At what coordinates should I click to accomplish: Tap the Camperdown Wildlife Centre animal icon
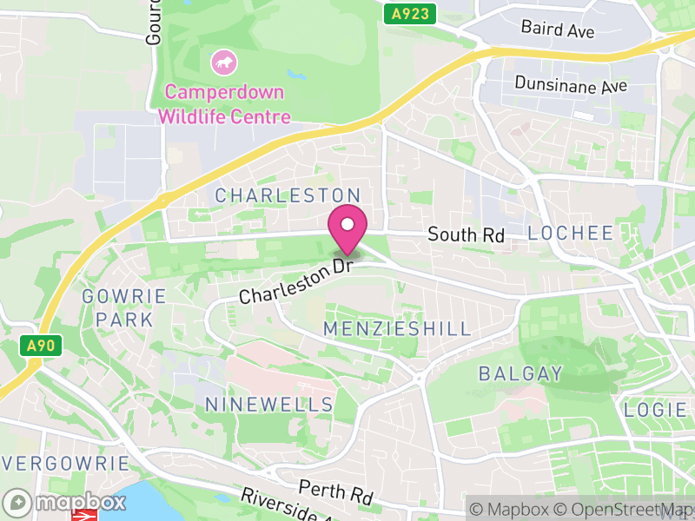[224, 62]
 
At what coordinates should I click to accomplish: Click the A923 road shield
[409, 13]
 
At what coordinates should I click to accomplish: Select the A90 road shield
[40, 346]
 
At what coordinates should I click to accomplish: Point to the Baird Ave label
[558, 29]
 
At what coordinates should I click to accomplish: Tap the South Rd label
[466, 234]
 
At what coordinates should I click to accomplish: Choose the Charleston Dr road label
[295, 282]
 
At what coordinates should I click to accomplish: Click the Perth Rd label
[335, 492]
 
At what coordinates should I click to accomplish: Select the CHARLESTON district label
[288, 195]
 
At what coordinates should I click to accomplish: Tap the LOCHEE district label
[571, 233]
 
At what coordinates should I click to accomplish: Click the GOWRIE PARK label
[124, 308]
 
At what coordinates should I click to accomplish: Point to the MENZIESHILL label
[397, 328]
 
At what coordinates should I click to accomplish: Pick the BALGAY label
[521, 373]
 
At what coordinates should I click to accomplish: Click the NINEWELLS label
[269, 405]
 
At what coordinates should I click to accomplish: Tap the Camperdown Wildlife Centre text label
[224, 103]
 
